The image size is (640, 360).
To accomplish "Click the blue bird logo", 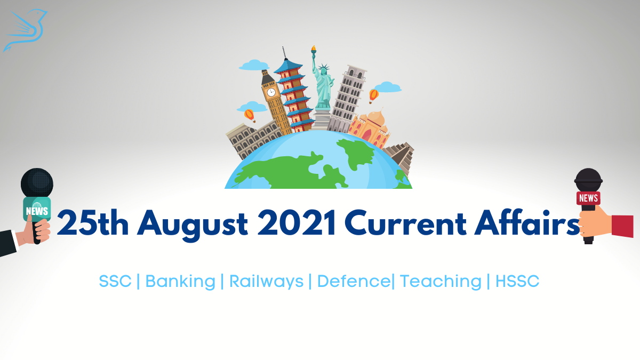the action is pyautogui.click(x=26, y=30).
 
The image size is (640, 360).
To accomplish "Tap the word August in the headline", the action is pyautogui.click(x=193, y=225).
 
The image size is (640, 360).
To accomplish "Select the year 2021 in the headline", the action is pyautogui.click(x=297, y=222).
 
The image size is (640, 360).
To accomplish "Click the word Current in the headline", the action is pyautogui.click(x=405, y=222).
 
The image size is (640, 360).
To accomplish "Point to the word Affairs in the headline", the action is pyautogui.click(x=527, y=222).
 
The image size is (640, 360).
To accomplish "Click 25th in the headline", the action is pyautogui.click(x=93, y=222).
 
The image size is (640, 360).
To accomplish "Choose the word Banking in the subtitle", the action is pyautogui.click(x=180, y=282).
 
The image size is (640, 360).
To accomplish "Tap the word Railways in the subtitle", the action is pyautogui.click(x=266, y=282).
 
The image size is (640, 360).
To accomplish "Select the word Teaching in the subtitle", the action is pyautogui.click(x=441, y=282).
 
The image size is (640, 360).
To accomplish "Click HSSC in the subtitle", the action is pyautogui.click(x=517, y=281).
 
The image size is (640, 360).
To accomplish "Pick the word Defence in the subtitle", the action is pyautogui.click(x=354, y=281).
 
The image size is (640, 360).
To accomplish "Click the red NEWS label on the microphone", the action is pyautogui.click(x=588, y=198).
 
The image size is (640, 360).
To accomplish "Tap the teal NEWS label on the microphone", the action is pyautogui.click(x=37, y=210).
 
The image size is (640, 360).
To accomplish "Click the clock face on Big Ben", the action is pyautogui.click(x=271, y=92).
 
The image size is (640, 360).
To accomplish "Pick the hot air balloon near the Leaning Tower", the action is pyautogui.click(x=374, y=95).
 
